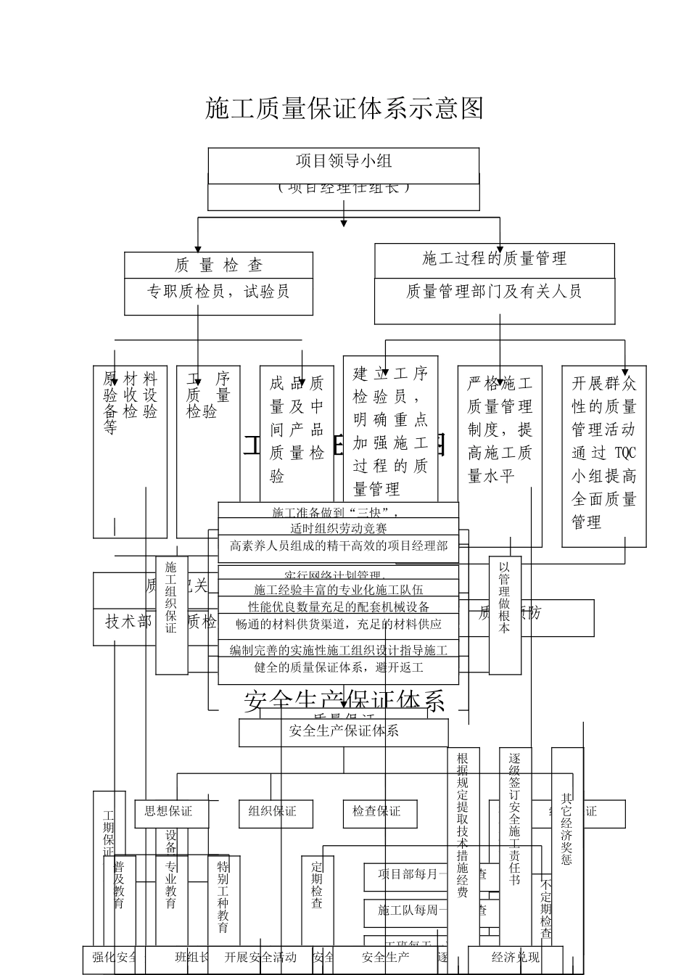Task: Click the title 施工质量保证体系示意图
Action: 344,109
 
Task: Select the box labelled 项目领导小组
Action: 343,161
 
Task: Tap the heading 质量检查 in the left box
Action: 218,266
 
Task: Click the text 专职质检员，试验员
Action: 218,292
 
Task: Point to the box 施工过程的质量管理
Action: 494,258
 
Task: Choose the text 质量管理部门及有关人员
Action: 494,292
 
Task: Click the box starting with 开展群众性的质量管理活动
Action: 603,453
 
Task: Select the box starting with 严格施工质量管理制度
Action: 500,429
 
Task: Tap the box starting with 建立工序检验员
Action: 390,431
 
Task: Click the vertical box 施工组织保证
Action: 171,597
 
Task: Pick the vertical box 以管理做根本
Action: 504,596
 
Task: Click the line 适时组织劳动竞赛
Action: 338,527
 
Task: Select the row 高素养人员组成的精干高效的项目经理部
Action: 338,546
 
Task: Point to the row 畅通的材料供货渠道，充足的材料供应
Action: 338,624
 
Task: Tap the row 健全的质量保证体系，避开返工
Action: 338,667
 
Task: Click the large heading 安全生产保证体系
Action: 344,702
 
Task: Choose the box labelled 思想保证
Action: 168,811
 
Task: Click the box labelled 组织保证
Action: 272,811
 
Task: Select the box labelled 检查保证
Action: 376,811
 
